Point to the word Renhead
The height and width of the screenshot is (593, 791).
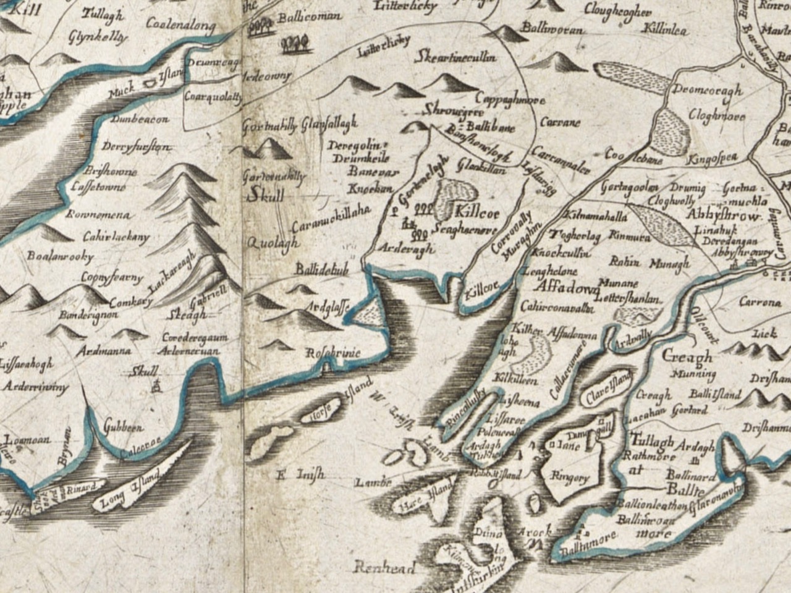coord(386,567)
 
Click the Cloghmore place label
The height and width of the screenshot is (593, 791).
coord(716,116)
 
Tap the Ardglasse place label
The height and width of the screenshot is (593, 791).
coord(327,305)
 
